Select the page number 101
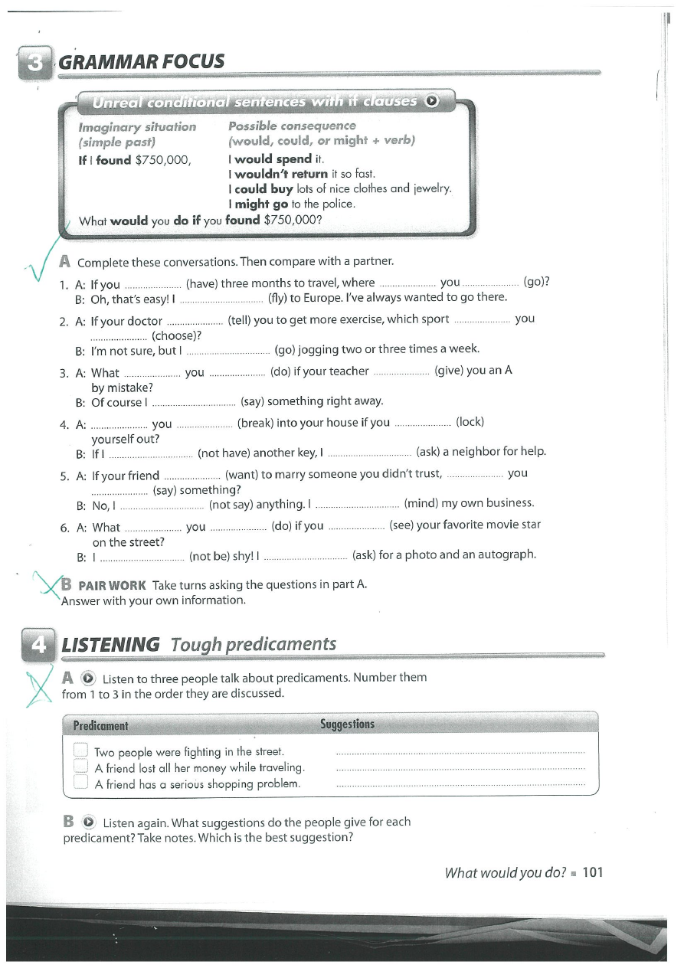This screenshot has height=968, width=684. click(593, 872)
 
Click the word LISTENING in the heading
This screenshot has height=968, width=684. click(110, 645)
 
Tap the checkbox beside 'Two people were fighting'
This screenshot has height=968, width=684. click(81, 751)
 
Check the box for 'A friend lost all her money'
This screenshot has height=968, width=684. click(81, 767)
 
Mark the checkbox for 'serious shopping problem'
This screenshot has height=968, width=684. click(81, 783)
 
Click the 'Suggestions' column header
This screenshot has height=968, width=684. click(347, 724)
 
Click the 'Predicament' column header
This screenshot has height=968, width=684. click(100, 725)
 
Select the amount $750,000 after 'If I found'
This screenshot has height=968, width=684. click(162, 160)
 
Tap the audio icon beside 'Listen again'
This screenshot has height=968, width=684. click(90, 822)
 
